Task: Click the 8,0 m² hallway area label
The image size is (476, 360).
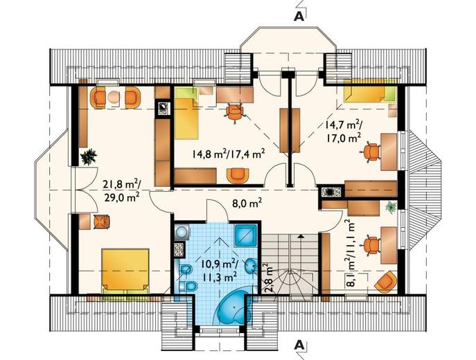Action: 247,204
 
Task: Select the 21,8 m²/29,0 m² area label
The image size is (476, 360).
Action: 121,190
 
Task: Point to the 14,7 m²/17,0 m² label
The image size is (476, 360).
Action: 344,131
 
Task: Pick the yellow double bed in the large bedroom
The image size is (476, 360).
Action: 125,271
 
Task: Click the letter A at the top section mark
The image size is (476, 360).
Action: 299,17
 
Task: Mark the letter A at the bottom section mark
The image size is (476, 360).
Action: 299,345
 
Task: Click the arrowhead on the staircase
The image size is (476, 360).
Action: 301,236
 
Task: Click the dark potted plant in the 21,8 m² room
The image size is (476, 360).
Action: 89,156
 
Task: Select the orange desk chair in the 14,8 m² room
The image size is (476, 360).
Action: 235,113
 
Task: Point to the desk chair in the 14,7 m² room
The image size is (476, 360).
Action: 371,152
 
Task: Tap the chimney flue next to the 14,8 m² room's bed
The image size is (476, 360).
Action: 163,108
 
